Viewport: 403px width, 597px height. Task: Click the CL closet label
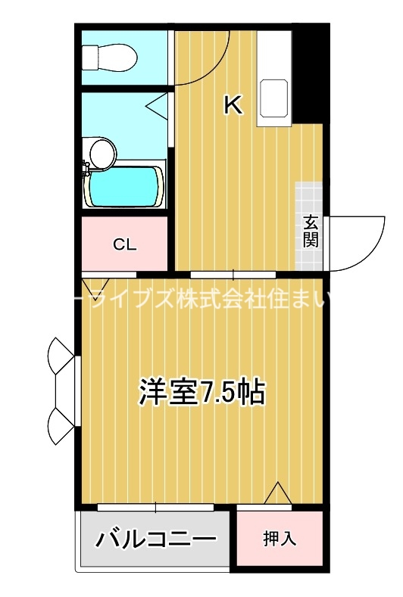click(x=124, y=244)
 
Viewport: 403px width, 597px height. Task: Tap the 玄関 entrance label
click(x=311, y=231)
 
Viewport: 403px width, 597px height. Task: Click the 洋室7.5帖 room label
click(x=201, y=393)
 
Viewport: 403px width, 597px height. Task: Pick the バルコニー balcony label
click(x=155, y=539)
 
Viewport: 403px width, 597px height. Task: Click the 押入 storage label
click(x=280, y=539)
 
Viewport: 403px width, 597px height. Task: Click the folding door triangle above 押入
click(x=278, y=493)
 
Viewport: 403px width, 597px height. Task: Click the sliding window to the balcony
click(x=156, y=505)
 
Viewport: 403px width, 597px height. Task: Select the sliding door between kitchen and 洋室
click(x=233, y=273)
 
